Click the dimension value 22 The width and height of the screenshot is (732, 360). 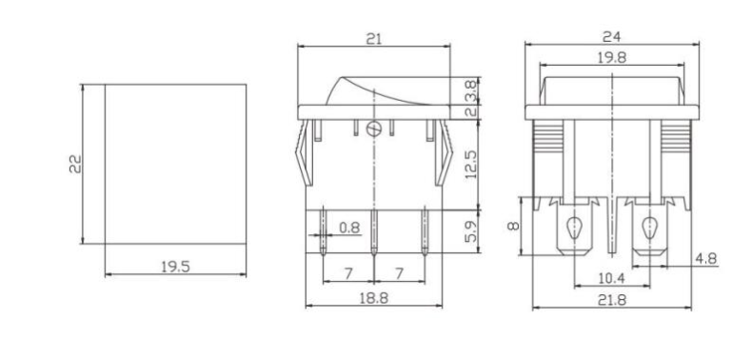(75, 164)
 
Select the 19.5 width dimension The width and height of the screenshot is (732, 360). (174, 266)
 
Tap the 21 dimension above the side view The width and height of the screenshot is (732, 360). (375, 38)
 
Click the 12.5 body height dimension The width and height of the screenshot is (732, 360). (470, 163)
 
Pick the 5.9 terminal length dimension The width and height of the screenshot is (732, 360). (470, 231)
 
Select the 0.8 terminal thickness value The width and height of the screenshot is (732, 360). (349, 228)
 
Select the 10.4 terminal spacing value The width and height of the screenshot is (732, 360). (612, 278)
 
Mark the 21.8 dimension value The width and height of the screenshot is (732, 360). (612, 300)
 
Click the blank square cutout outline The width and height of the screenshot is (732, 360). (174, 163)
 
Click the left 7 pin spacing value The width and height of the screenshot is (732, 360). (348, 273)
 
